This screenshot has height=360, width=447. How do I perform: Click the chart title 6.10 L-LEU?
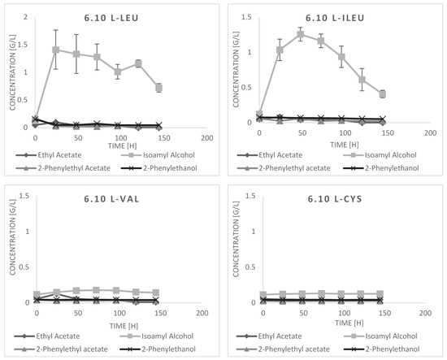111,18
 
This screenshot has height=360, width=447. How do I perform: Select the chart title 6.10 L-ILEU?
335,18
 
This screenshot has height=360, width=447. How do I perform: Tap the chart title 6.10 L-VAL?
111,198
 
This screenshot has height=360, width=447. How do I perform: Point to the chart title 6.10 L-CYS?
335,198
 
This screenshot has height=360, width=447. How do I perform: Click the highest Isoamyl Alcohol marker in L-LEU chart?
56,50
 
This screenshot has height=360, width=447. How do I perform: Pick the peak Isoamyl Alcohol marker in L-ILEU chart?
300,34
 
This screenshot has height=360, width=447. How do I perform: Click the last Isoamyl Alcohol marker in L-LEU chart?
158,88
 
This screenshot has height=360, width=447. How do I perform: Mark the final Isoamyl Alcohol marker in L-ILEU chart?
383,94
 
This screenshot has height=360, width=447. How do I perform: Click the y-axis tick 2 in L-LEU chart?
26,17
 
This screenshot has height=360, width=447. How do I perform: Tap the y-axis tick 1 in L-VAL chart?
28,231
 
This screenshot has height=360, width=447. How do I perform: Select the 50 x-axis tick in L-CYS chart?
303,313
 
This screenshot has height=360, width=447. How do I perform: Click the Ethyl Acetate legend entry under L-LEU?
49,155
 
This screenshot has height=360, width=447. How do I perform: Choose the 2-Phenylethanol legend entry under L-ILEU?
381,168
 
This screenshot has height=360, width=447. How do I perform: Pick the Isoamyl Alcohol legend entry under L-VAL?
157,336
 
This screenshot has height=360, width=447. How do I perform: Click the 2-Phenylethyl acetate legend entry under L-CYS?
283,349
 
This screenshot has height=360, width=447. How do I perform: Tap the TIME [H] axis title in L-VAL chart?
124,326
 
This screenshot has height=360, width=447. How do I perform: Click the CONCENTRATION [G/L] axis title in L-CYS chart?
236,239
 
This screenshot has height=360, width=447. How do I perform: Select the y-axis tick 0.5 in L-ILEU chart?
247,87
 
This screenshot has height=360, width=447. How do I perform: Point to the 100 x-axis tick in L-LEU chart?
121,138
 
